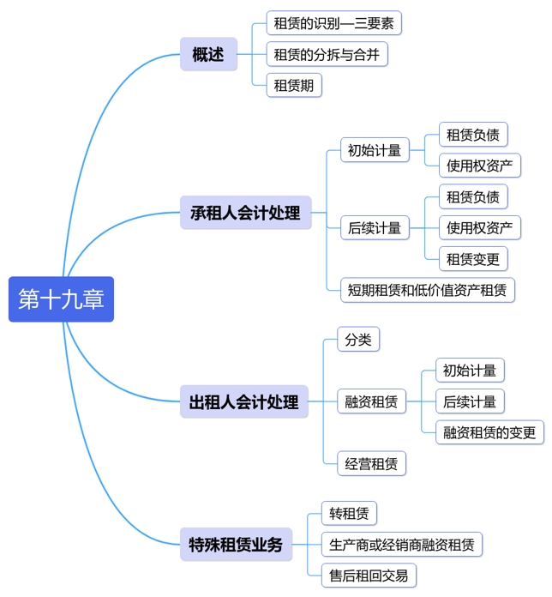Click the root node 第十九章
61,299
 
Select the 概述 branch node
208,55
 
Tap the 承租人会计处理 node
245,213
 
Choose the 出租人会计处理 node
244,401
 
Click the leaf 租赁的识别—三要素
333,23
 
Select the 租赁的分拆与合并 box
326,55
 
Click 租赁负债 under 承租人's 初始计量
472,134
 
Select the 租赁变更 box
472,257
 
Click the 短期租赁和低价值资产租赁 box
427,289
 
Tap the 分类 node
358,340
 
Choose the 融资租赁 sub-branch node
371,401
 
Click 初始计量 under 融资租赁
469,371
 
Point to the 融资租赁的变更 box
489,432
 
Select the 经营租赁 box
371,464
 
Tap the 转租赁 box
349,514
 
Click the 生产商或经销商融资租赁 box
401,544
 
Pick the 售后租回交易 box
369,575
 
